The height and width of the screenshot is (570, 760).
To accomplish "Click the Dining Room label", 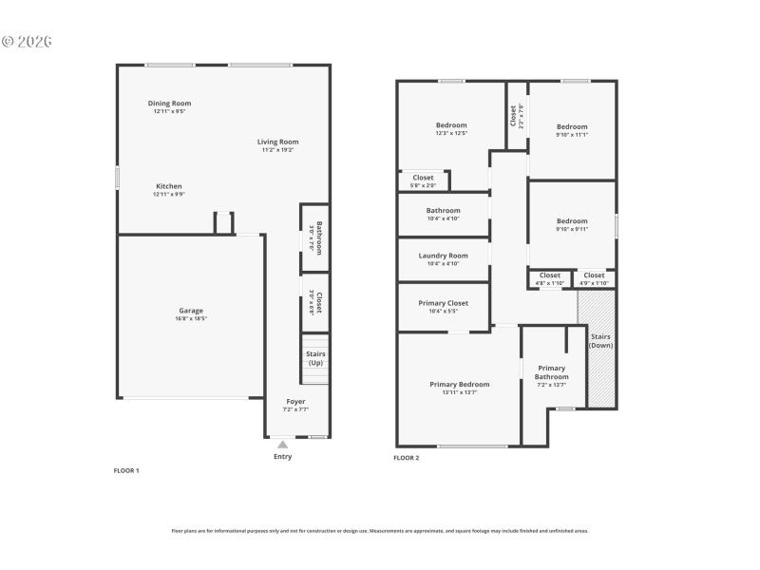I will [169, 104].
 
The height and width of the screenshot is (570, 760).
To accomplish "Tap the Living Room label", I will [277, 142].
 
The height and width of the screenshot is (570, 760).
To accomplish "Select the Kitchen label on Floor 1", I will [169, 186].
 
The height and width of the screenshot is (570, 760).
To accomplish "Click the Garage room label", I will [191, 311].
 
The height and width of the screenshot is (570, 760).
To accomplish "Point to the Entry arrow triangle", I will [282, 444].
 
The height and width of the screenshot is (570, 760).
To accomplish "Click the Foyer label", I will [295, 401].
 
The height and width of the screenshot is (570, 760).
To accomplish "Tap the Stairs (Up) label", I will [315, 358].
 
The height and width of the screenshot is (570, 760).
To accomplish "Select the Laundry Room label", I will [443, 256].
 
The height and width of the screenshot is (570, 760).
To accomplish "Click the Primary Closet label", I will [443, 303].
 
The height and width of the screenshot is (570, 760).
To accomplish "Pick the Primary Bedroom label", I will [459, 384].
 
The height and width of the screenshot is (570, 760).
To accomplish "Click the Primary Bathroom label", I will [551, 372].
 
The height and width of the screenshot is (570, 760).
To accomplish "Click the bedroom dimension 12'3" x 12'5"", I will [451, 133].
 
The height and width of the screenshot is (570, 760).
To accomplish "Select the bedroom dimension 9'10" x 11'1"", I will [572, 134].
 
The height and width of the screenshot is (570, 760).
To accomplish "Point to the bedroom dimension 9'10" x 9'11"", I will [572, 229].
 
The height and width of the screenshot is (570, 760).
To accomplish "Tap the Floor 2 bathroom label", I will [443, 211].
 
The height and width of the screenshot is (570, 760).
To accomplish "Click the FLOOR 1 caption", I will [126, 470].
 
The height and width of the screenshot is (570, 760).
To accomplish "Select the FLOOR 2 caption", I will [407, 458].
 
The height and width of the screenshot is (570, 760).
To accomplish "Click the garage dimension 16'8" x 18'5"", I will [191, 318].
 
